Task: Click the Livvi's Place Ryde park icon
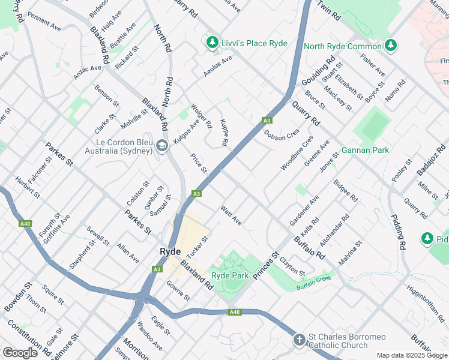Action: tap(211, 43)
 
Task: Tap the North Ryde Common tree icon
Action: tap(390, 46)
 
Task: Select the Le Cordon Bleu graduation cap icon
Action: tap(161, 146)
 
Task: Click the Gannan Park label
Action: tap(365, 150)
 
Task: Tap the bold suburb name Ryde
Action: tap(170, 251)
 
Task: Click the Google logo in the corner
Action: tap(20, 353)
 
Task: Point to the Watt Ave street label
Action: tap(231, 215)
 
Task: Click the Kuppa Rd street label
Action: tap(224, 133)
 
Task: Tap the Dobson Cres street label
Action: tap(282, 136)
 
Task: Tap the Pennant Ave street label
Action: tap(44, 27)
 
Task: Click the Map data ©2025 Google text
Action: tap(412, 355)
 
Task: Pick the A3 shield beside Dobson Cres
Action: tap(267, 121)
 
